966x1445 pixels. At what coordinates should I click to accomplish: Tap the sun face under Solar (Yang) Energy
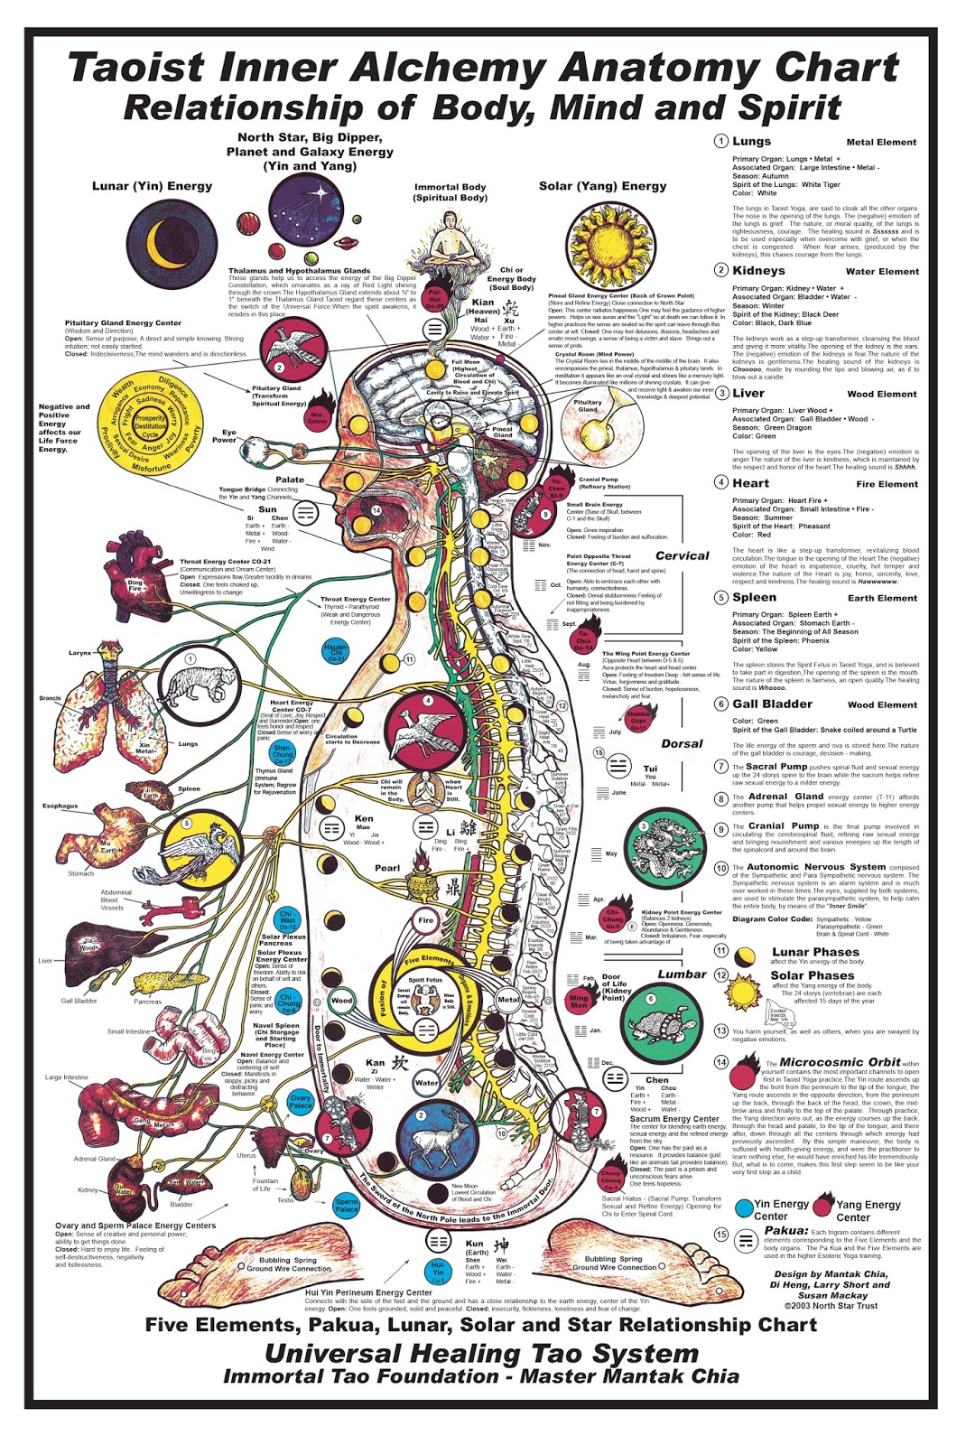610,246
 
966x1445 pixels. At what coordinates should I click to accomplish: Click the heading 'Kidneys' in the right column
758,270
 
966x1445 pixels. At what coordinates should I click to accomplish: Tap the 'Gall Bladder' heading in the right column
772,704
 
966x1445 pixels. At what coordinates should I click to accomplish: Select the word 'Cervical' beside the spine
682,555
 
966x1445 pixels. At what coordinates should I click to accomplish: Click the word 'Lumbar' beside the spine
682,974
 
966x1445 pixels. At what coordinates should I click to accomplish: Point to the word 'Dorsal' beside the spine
682,743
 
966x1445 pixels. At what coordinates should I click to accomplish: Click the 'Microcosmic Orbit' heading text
840,1062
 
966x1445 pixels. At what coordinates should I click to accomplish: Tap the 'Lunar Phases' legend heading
815,952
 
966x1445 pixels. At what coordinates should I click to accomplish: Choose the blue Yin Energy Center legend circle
744,1208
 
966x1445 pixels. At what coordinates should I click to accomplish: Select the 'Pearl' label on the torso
387,868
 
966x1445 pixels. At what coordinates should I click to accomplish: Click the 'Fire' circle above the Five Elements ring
426,920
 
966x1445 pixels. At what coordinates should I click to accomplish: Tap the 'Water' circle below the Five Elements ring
426,1082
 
